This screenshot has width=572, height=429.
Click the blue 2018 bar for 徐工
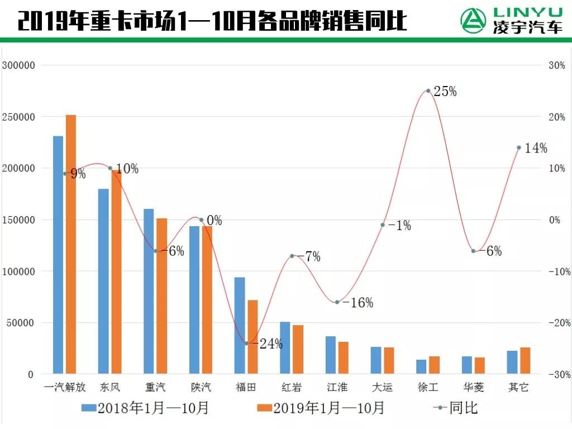click(421, 366)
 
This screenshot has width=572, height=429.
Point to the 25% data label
click(445, 92)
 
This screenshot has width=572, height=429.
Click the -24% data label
click(267, 344)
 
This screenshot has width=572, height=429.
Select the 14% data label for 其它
click(536, 148)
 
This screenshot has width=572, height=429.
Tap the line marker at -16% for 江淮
click(337, 302)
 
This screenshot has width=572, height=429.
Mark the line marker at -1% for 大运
click(383, 225)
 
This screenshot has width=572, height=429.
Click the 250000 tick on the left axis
click(18, 117)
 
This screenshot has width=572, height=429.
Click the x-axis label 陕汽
click(201, 387)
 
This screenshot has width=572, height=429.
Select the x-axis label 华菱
click(473, 387)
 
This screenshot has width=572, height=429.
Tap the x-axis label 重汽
click(155, 387)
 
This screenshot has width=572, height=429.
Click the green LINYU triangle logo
click(473, 21)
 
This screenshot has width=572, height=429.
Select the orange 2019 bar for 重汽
click(161, 295)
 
